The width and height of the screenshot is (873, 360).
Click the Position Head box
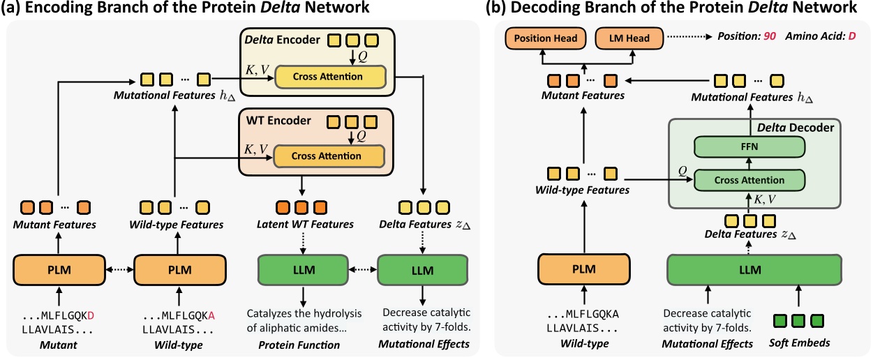pyautogui.click(x=549, y=38)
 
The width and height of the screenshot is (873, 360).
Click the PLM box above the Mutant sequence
pyautogui.click(x=59, y=270)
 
